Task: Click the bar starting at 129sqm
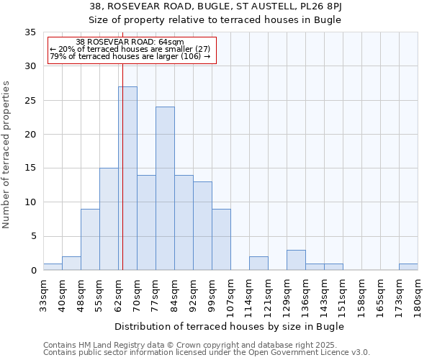[x=296, y=260]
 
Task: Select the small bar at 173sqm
[x=408, y=267]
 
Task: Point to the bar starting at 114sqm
[x=258, y=264]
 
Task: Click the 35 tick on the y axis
[x=31, y=32]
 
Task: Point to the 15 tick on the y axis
[x=31, y=168]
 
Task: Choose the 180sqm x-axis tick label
[x=418, y=296]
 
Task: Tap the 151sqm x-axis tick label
[x=343, y=296]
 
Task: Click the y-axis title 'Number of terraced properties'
[x=7, y=155]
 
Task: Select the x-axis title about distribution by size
[x=229, y=326]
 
